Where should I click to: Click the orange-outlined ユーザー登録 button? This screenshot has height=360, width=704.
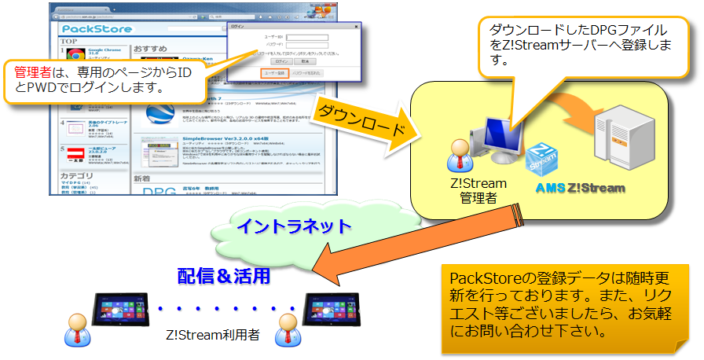point(275,72)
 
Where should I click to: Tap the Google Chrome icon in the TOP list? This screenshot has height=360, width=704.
point(75,56)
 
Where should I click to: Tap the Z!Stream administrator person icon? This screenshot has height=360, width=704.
point(460,158)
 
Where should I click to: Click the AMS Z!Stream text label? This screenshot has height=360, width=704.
point(581,189)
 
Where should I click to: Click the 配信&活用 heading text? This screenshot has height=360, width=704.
point(224,276)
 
